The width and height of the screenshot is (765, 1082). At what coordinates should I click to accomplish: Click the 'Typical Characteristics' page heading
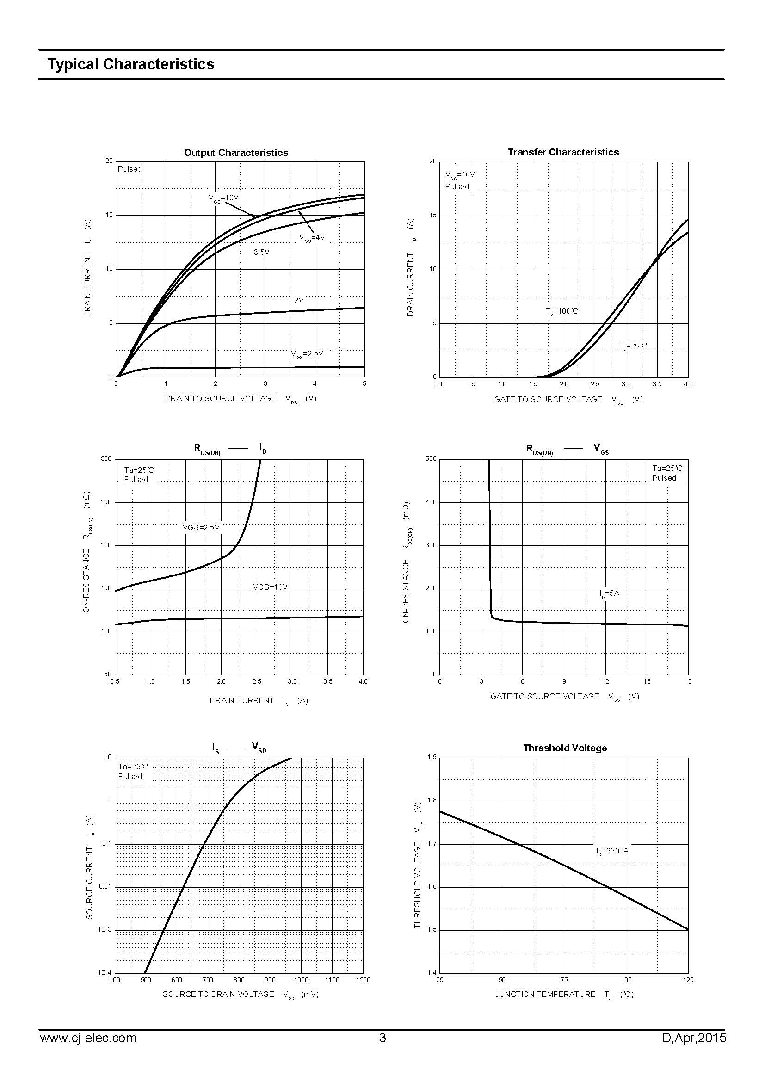click(130, 64)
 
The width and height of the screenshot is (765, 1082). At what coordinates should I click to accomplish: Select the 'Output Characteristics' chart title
click(235, 153)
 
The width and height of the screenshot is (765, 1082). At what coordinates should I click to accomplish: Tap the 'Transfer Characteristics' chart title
click(563, 152)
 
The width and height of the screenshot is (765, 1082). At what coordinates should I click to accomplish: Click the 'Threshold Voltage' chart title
click(564, 748)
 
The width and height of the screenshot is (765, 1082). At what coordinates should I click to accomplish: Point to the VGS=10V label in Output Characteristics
click(224, 198)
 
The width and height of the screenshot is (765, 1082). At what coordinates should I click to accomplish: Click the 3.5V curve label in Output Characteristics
click(261, 253)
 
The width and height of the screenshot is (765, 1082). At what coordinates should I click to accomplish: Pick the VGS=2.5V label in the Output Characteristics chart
click(307, 353)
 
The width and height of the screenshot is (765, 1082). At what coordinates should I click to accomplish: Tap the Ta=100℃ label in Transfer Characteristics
click(561, 311)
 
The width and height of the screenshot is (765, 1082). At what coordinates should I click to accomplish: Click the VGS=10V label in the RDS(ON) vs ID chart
click(270, 587)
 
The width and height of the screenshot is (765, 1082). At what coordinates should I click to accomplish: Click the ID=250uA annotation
click(612, 851)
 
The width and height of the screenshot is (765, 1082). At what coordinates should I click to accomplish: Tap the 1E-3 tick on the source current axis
click(105, 930)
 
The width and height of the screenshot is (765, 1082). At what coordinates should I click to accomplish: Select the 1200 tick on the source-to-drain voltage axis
click(363, 980)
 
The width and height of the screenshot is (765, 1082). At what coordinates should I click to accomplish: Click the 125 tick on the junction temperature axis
click(688, 980)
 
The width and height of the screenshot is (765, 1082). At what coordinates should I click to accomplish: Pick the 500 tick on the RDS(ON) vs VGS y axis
click(431, 458)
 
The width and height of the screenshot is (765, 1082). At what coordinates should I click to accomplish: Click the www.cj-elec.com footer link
click(88, 1038)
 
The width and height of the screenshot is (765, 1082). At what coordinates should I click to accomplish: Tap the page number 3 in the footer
click(382, 1038)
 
